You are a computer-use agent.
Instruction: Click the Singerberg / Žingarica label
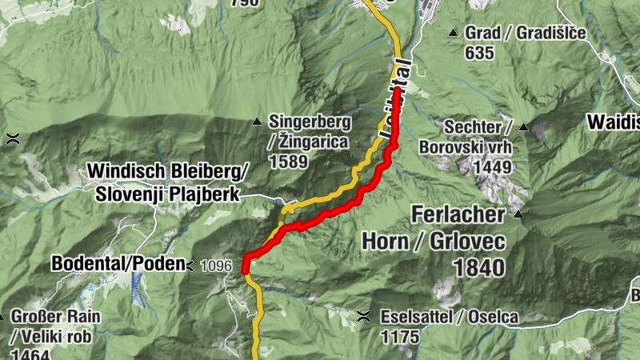point(309,132)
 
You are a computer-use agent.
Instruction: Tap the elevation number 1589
point(289,162)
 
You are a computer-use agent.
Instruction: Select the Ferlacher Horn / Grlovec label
point(434,227)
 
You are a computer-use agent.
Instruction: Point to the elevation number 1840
point(478,267)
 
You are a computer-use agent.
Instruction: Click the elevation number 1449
point(492,167)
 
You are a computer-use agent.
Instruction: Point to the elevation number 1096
point(217,266)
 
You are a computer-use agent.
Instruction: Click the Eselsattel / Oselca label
point(449,318)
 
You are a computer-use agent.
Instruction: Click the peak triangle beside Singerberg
point(257,122)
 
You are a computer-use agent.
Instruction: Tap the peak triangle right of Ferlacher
point(518,214)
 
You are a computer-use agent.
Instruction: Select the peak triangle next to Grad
point(454,33)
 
